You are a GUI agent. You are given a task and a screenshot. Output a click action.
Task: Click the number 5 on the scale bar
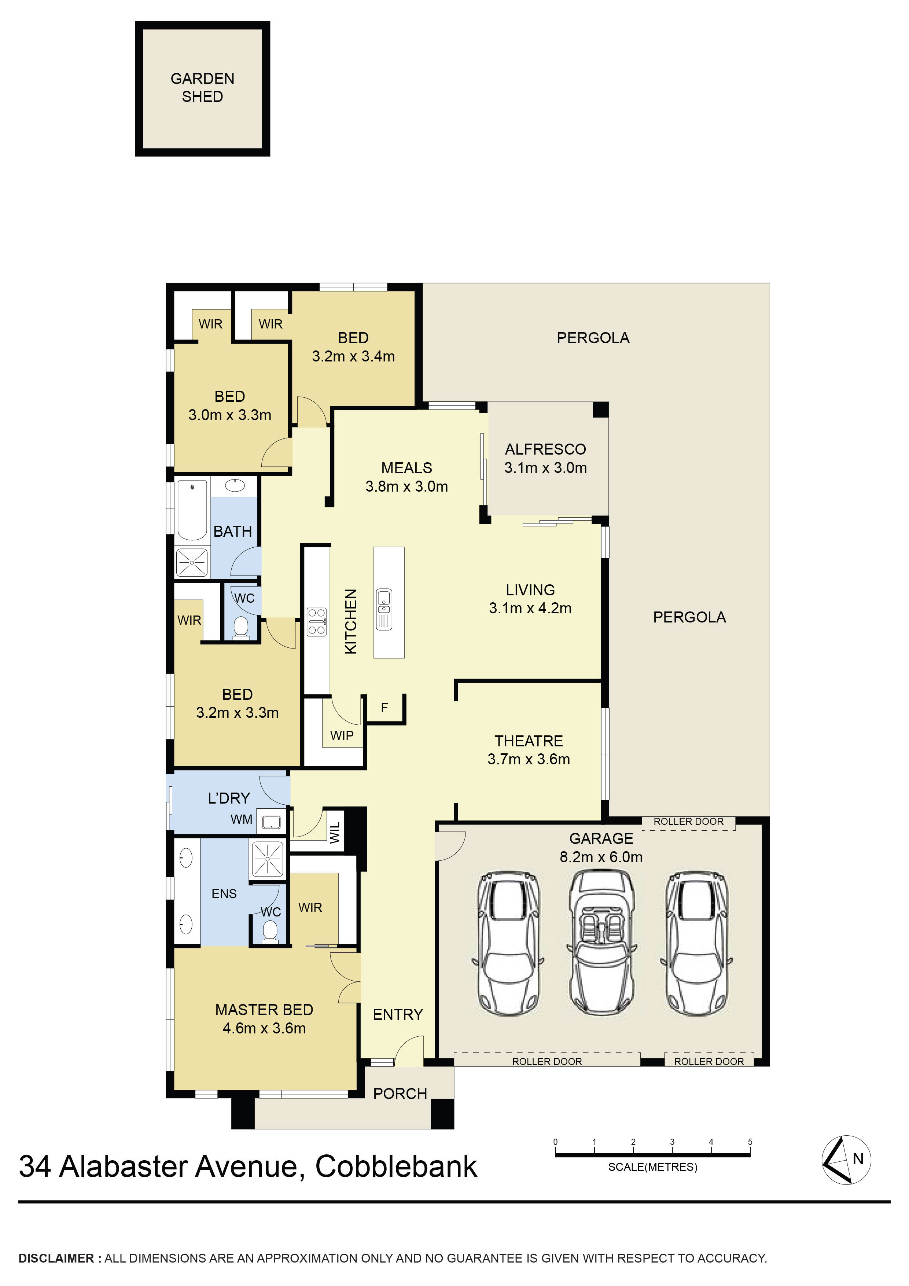tap(750, 1142)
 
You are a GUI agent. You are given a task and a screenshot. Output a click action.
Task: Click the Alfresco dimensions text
tap(545, 468)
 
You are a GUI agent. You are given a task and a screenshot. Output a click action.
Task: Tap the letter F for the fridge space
tap(384, 708)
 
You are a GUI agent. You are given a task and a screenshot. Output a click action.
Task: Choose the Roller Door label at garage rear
tap(688, 821)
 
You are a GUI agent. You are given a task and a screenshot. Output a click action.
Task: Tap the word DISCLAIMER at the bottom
tap(56, 1258)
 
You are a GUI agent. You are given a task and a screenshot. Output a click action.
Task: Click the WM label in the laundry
tap(242, 819)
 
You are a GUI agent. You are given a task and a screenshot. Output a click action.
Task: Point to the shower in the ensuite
tap(268, 859)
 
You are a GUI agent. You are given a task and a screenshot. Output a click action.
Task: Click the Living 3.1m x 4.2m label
tap(530, 599)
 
